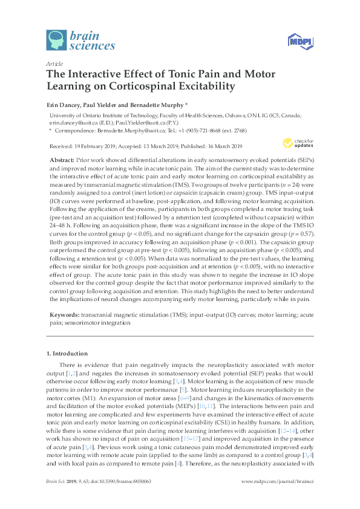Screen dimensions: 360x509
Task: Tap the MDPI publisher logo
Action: (295, 41)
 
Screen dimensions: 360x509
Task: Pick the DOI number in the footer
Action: (120, 498)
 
